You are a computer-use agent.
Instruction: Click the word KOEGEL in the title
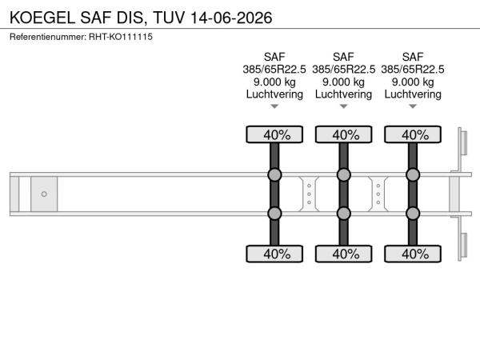pyautogui.click(x=42, y=18)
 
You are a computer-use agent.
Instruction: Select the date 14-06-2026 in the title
pyautogui.click(x=231, y=18)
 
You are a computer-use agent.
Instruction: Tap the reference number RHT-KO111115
pyautogui.click(x=121, y=37)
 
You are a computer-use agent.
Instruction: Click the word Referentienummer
pyautogui.click(x=48, y=37)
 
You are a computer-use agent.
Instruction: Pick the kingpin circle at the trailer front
pyautogui.click(x=44, y=194)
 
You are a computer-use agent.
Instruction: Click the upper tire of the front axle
pyautogui.click(x=274, y=134)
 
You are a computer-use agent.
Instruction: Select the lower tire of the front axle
pyautogui.click(x=274, y=254)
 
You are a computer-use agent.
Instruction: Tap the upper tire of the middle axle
pyautogui.click(x=344, y=134)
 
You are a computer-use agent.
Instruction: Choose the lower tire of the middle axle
pyautogui.click(x=344, y=254)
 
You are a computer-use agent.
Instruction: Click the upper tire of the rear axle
pyautogui.click(x=413, y=134)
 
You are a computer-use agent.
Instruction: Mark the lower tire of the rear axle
pyautogui.click(x=413, y=254)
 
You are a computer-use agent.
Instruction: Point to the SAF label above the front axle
pyautogui.click(x=274, y=57)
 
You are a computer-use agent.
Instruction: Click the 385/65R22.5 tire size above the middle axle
pyautogui.click(x=344, y=70)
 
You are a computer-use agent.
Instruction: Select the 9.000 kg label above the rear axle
pyautogui.click(x=413, y=82)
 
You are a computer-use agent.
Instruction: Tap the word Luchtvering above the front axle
pyautogui.click(x=274, y=94)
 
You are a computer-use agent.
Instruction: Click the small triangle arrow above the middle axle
pyautogui.click(x=344, y=106)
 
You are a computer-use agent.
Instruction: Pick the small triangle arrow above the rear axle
pyautogui.click(x=413, y=106)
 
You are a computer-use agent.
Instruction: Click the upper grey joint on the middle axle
pyautogui.click(x=344, y=174)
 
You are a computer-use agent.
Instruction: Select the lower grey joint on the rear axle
pyautogui.click(x=413, y=214)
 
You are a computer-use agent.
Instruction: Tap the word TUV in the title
pyautogui.click(x=169, y=18)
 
